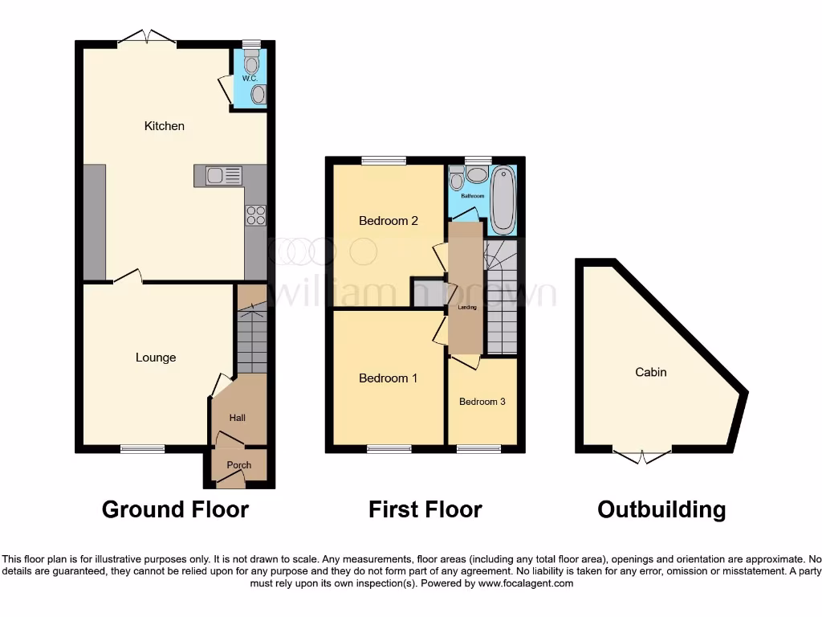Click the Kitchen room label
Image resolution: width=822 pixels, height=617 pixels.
click(x=164, y=125)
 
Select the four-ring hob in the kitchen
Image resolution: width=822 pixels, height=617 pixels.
click(x=255, y=215)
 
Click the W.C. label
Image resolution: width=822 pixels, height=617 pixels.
click(x=249, y=79)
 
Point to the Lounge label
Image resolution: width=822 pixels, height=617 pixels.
click(x=156, y=358)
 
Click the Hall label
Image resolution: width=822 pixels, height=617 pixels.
click(x=238, y=418)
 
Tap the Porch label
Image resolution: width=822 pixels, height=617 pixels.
click(x=238, y=465)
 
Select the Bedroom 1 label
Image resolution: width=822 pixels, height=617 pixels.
click(x=388, y=378)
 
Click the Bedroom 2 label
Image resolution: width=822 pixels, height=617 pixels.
click(x=388, y=221)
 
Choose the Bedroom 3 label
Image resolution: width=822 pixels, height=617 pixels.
click(x=482, y=402)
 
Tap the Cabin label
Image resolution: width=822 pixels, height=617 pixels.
click(x=651, y=372)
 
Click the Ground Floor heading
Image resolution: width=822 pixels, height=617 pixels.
click(x=175, y=509)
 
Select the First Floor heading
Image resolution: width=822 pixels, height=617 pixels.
click(x=425, y=509)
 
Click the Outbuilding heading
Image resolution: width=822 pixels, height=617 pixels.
click(x=661, y=509)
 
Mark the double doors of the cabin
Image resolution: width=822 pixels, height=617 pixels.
click(x=642, y=456)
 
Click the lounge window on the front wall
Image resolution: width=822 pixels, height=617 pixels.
click(x=143, y=449)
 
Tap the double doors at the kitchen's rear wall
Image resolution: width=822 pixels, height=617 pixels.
click(x=147, y=37)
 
